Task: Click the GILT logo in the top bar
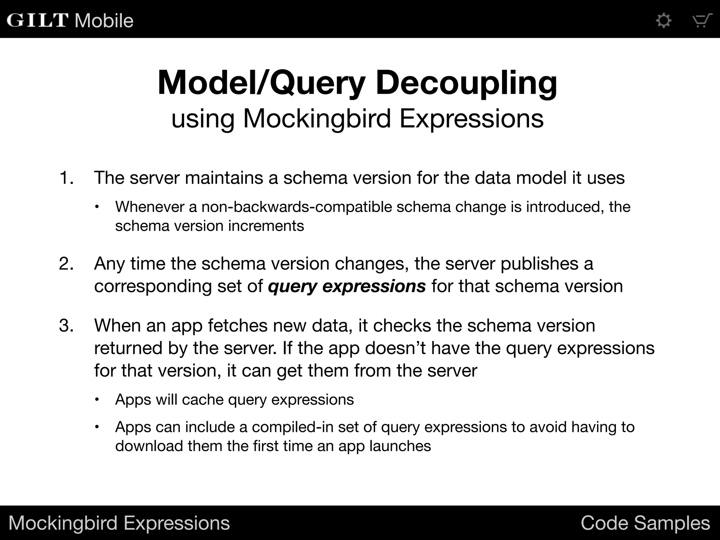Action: [37, 20]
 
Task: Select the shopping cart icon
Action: [702, 20]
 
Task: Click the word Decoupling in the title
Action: [466, 83]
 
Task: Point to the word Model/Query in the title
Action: [262, 83]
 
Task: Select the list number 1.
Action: [66, 178]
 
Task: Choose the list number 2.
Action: [66, 264]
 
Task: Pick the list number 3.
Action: [66, 326]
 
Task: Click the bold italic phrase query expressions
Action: [347, 286]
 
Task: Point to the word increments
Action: [266, 226]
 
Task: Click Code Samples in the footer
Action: [645, 523]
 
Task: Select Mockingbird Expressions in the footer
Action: [119, 523]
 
